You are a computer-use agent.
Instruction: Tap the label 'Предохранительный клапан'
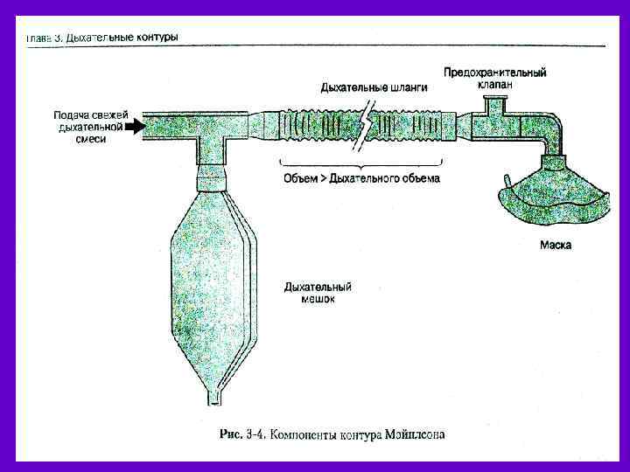pyautogui.click(x=494, y=79)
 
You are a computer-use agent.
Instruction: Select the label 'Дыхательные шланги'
pyautogui.click(x=374, y=87)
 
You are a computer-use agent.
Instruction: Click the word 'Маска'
pyautogui.click(x=556, y=246)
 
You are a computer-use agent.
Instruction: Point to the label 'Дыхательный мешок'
pyautogui.click(x=318, y=292)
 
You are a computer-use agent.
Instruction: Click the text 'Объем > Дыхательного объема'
pyautogui.click(x=361, y=178)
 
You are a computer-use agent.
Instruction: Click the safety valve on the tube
pyautogui.click(x=496, y=109)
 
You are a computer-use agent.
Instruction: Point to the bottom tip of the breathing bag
pyautogui.click(x=213, y=401)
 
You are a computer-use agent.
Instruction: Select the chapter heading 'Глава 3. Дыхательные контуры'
pyautogui.click(x=103, y=38)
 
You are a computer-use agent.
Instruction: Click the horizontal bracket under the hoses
pyautogui.click(x=361, y=163)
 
